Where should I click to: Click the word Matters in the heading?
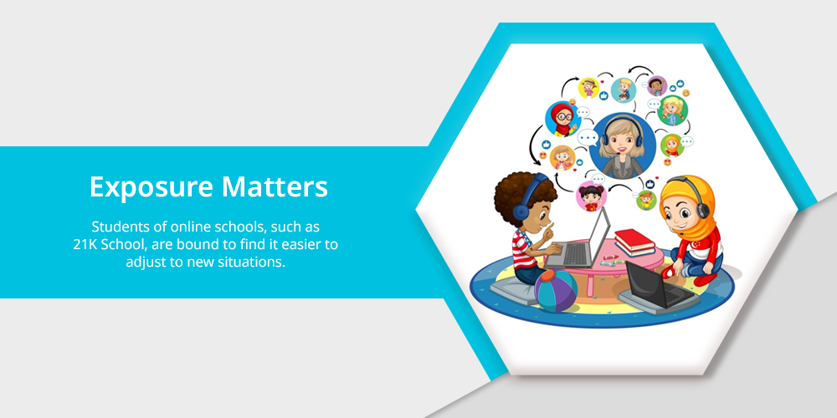pos(275,186)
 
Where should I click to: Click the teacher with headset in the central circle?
pos(623,145)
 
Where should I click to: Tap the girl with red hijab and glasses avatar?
pos(562,119)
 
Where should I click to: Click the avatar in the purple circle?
pos(657,86)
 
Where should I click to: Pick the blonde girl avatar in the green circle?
pos(672,111)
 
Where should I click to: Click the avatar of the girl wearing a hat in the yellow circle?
pos(589,88)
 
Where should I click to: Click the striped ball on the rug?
pos(556,291)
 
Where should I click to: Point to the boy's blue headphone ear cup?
pos(521,212)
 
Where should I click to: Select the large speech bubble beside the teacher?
pos(588,138)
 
